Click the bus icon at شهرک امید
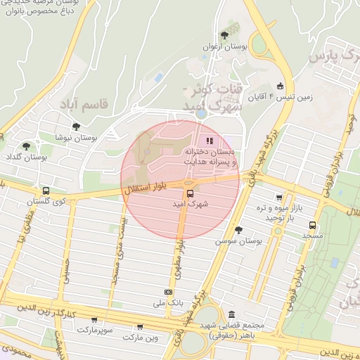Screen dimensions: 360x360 189,193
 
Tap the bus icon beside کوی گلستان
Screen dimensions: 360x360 46,191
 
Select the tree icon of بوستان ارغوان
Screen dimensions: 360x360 224,35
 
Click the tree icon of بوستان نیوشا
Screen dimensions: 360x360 76,127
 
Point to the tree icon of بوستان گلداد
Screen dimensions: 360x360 26,147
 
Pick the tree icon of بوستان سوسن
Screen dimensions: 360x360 238,230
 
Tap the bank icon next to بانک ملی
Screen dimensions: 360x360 168,292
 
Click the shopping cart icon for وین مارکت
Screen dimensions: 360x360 140,327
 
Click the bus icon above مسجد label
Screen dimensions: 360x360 312,226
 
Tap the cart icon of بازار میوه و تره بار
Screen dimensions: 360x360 280,198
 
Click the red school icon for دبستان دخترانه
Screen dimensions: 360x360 209,140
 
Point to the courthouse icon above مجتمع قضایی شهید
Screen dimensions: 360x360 231,314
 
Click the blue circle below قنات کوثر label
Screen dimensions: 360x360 201,112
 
